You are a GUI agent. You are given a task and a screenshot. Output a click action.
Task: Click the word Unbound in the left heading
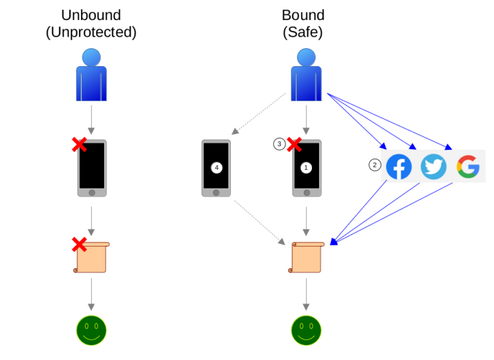[x=91, y=15]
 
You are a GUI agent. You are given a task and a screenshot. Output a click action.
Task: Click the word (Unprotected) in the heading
[x=91, y=32]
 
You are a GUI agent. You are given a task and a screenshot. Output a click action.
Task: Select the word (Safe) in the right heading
[x=304, y=32]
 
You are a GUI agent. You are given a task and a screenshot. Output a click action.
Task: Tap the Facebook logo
[x=399, y=167]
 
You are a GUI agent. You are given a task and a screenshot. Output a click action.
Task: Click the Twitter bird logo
[x=434, y=167]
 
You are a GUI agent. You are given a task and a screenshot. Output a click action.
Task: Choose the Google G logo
[x=468, y=167]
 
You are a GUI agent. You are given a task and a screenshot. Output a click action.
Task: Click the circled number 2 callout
[x=374, y=165]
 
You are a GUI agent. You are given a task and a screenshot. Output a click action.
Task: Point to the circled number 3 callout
[x=279, y=145]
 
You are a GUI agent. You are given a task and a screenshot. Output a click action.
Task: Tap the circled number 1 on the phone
[x=306, y=167]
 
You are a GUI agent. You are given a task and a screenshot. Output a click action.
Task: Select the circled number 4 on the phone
[x=217, y=167]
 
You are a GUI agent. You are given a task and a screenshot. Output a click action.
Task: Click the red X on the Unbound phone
[x=79, y=145]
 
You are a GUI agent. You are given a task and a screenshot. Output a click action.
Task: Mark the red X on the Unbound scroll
[x=79, y=244]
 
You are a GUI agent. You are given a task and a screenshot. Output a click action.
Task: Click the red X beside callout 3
[x=294, y=145]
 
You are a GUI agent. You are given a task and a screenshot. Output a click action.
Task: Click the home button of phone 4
[x=217, y=192]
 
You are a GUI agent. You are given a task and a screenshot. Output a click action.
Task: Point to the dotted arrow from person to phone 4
[x=260, y=114]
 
